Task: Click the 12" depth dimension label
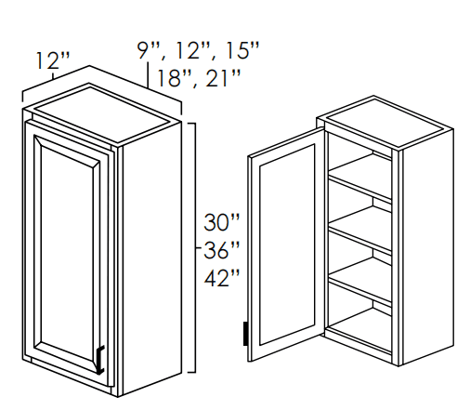(53, 60)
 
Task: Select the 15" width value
(242, 50)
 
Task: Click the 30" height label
(222, 222)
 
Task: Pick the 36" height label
(222, 250)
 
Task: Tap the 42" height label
(222, 278)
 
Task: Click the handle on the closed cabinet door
(100, 360)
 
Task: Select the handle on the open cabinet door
(245, 334)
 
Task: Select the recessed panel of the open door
(287, 245)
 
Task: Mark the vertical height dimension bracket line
(193, 247)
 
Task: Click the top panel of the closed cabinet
(103, 114)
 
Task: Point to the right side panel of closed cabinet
(151, 258)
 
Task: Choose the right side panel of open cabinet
(428, 247)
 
